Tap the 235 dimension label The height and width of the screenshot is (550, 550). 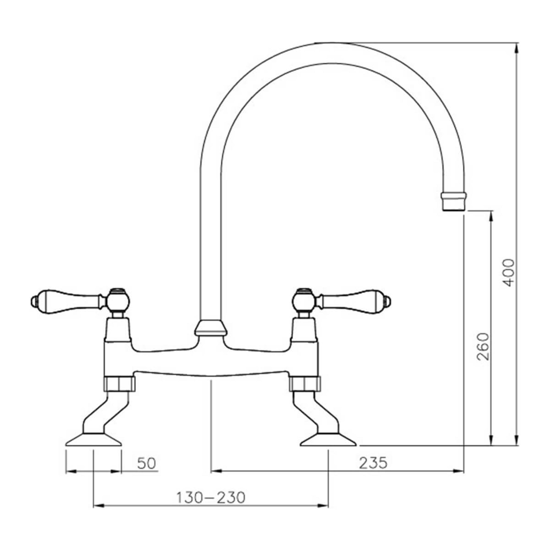click(x=373, y=463)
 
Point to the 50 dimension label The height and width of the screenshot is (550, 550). click(x=147, y=463)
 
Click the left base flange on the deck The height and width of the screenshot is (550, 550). click(x=93, y=447)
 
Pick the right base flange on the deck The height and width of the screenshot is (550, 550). click(x=328, y=447)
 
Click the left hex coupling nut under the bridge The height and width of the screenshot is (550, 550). click(x=120, y=384)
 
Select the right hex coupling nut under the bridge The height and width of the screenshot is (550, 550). click(x=305, y=384)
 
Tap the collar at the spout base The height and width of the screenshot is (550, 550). click(x=211, y=328)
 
